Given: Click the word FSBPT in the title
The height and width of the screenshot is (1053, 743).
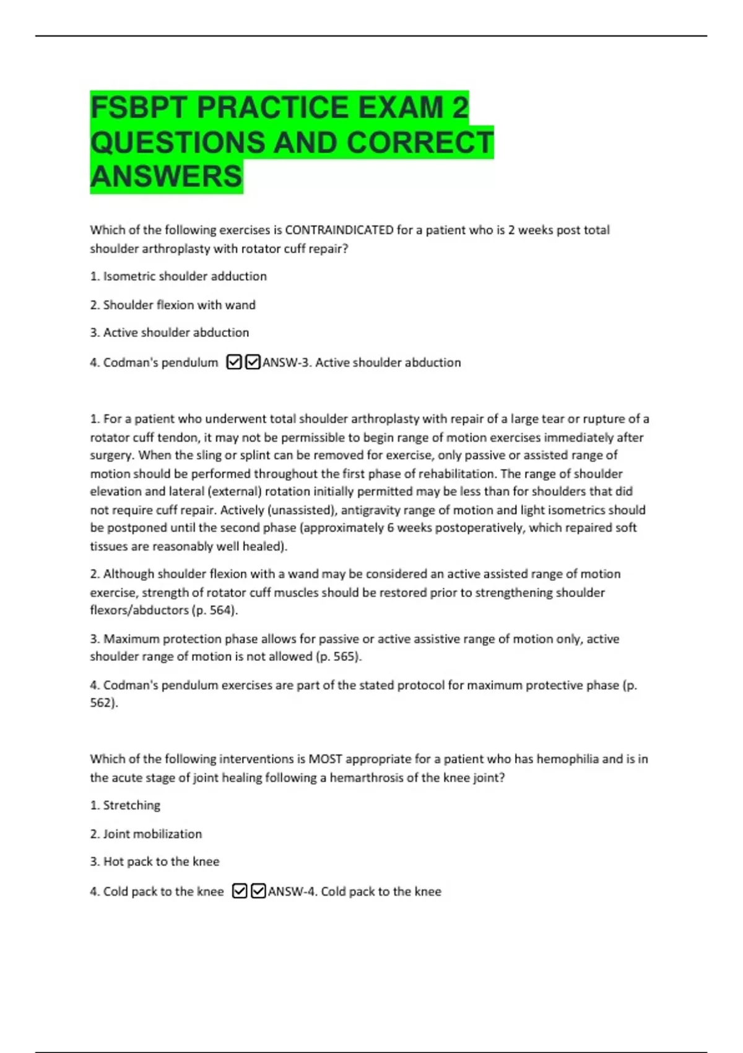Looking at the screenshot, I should click(x=139, y=108).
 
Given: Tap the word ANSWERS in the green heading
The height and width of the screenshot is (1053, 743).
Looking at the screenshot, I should click(x=166, y=177).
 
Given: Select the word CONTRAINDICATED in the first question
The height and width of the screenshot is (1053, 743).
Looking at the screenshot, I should click(x=339, y=230).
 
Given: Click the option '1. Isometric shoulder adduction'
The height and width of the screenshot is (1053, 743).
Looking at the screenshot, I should click(x=178, y=276).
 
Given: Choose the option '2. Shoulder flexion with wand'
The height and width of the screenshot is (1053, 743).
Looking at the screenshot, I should click(x=173, y=305).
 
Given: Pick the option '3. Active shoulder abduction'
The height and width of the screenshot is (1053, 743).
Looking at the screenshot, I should click(x=170, y=333).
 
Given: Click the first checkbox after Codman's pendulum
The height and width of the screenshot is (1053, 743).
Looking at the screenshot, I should click(x=234, y=362).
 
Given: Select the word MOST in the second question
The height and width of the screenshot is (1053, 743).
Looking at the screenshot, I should click(x=325, y=759).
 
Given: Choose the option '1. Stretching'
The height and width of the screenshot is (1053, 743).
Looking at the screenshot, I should click(x=125, y=805).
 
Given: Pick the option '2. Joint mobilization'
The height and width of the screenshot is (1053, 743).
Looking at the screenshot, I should click(x=146, y=834).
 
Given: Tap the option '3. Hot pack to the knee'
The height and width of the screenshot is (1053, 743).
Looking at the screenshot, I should click(x=155, y=862).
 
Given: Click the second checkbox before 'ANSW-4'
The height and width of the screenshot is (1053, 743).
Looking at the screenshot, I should click(x=258, y=891).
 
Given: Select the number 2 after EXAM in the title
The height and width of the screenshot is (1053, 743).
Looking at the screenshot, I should click(x=459, y=108).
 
